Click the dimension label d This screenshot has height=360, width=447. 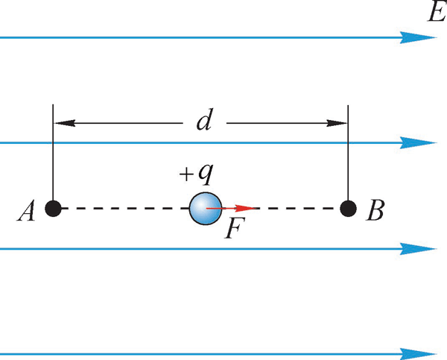[x=203, y=121]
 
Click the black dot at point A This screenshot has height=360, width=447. [x=53, y=208]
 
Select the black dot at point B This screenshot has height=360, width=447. [x=349, y=208]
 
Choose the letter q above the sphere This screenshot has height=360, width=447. [x=206, y=174]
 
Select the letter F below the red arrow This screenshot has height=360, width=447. [x=233, y=230]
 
